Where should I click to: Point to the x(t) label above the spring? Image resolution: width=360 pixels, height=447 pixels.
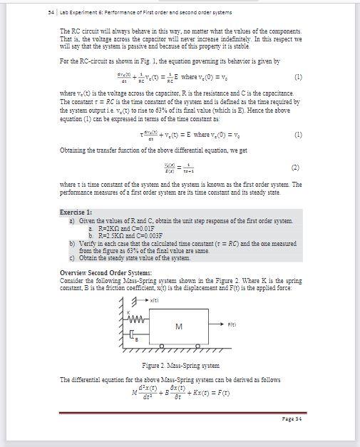pos(146,303)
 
